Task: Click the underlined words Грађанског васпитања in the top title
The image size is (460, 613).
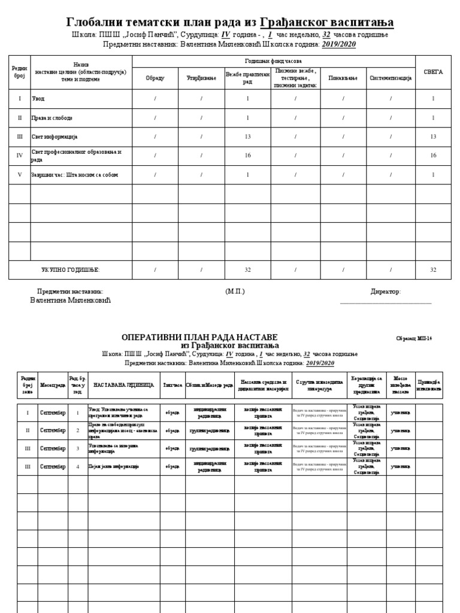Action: (327, 23)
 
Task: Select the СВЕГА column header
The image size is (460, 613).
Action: (433, 72)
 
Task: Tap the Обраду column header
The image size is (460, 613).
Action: (155, 78)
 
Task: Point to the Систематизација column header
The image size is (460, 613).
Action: (391, 78)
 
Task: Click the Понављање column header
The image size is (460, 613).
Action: (343, 78)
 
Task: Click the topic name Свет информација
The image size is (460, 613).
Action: (55, 136)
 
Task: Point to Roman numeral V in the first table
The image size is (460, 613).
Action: (20, 175)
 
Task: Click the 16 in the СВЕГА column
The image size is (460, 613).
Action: (433, 156)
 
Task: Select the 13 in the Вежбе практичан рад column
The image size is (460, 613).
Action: (247, 136)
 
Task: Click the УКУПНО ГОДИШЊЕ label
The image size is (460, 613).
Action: (71, 270)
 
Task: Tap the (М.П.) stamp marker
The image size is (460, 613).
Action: (235, 292)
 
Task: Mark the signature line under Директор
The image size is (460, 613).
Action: (385, 303)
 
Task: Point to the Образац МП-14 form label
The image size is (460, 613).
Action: (414, 339)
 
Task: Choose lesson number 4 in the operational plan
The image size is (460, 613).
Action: (77, 466)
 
